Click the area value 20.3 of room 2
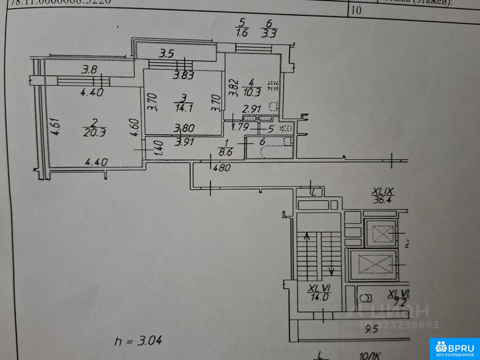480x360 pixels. [x=94, y=133]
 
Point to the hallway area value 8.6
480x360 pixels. [x=226, y=151]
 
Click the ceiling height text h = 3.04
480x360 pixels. [x=138, y=340]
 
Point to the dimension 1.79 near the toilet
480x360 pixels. [x=240, y=126]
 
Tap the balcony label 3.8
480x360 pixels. [x=89, y=70]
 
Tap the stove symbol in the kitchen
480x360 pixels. [x=273, y=85]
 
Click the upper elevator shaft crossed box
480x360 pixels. [x=380, y=233]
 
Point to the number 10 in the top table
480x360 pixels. [x=357, y=10]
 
